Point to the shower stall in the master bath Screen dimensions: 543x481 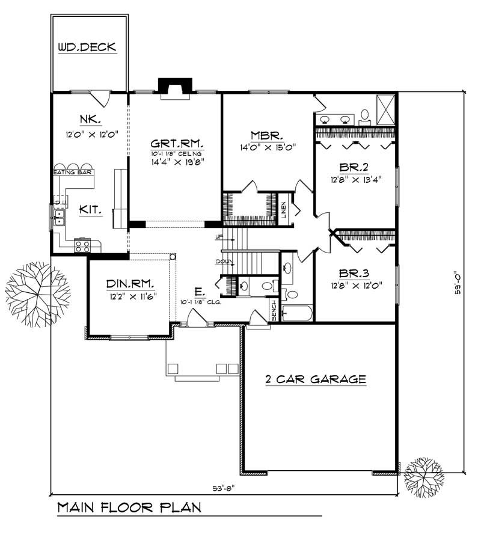pos(386,109)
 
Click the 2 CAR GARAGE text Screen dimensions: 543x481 pos(316,379)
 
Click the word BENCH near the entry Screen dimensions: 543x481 pos(274,310)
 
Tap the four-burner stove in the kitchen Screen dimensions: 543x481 pos(82,245)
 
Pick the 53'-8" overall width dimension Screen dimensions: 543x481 pos(224,488)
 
